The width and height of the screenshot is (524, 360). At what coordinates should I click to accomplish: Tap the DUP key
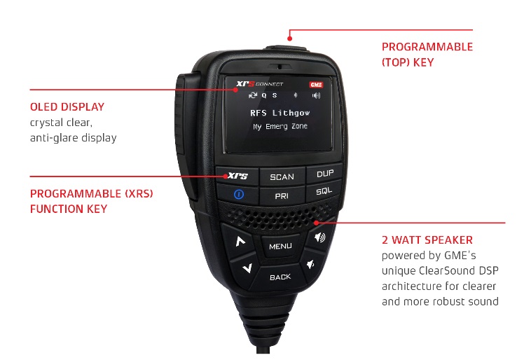point(324,174)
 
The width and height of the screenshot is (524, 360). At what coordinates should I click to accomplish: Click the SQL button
point(324,191)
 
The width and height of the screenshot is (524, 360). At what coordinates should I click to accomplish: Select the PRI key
point(282,196)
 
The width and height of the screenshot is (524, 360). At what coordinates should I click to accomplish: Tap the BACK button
point(280,277)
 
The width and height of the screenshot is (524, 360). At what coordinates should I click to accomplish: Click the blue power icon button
point(239,194)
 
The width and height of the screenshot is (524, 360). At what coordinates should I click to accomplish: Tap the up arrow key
point(240,241)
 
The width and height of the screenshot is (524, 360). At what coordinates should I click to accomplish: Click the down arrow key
point(247,268)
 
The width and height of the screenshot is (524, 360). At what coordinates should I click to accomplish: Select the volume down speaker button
point(311,265)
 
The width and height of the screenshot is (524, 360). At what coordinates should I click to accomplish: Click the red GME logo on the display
point(316,85)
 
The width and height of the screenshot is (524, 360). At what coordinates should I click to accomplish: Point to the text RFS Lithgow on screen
point(280,113)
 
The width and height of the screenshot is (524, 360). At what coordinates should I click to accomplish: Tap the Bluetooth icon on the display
point(296,95)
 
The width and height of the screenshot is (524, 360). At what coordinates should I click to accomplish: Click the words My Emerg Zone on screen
point(280,126)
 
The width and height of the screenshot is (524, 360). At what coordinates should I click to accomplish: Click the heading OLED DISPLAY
point(67,107)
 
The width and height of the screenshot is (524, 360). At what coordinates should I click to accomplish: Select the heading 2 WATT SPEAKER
point(427,240)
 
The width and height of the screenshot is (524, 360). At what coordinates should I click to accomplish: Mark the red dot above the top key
point(290,39)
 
